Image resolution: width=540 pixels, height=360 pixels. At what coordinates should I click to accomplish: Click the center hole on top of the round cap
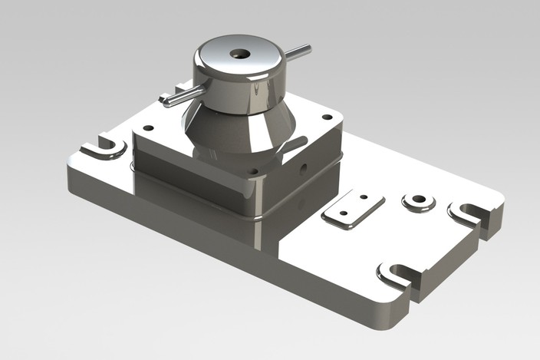point(240,54)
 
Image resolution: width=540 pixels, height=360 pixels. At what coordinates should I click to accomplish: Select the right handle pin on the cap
point(297,52)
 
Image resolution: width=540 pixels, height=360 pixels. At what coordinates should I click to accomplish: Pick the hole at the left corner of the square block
point(149,128)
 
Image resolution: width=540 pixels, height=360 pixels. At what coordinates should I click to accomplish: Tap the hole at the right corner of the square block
point(327,117)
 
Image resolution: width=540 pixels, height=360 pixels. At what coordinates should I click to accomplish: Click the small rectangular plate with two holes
point(353,210)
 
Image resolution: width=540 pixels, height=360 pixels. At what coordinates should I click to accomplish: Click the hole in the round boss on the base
point(419,200)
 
